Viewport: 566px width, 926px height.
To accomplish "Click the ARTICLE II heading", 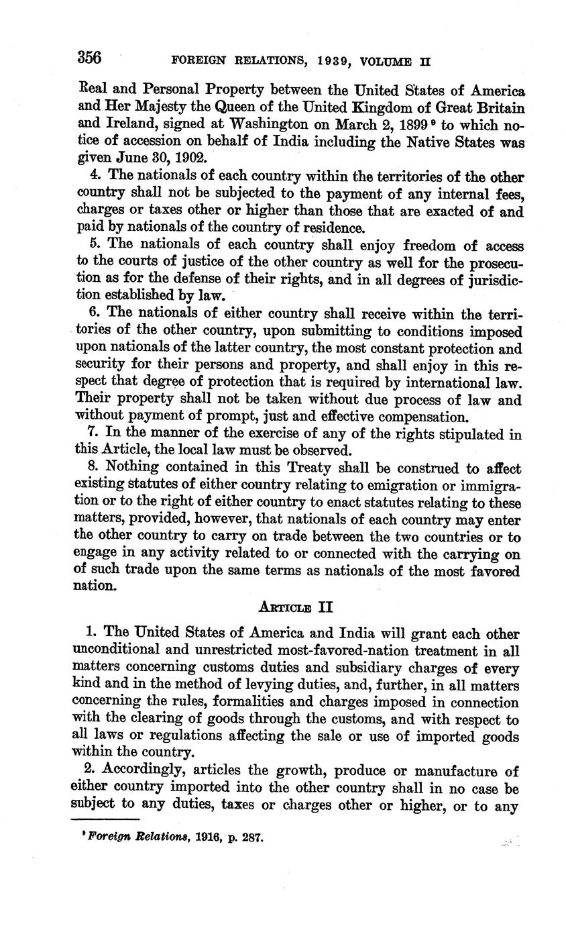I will coord(296,607).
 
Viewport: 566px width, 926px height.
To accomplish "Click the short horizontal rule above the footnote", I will coord(105,819).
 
